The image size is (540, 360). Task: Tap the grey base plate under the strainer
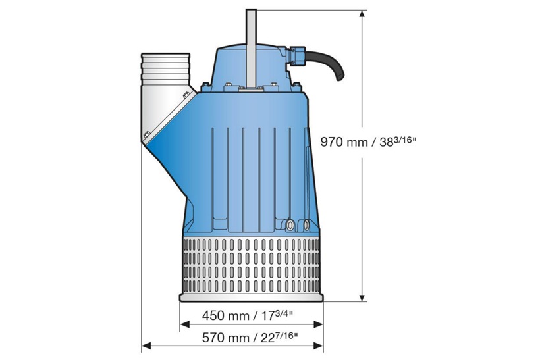coord(250,298)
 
